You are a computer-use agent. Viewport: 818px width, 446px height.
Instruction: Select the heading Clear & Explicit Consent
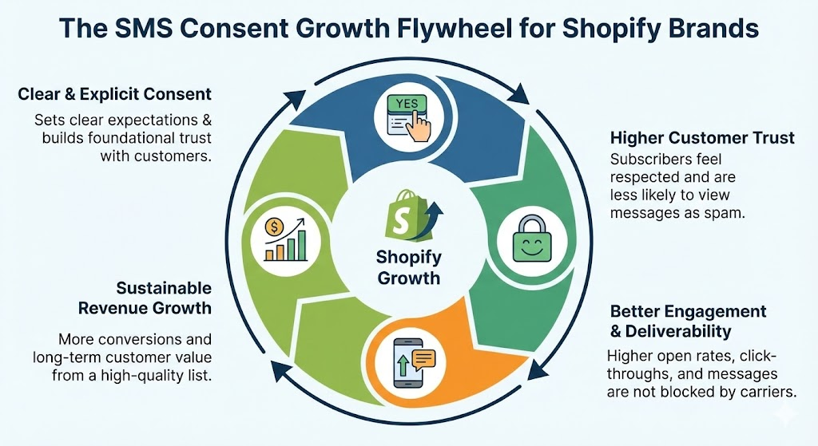tap(114, 94)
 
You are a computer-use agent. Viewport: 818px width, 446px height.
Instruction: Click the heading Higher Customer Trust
tap(702, 138)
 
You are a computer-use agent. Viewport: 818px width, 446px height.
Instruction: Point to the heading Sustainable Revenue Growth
tap(164, 298)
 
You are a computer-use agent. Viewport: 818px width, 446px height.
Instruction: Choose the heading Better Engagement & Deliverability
tap(688, 321)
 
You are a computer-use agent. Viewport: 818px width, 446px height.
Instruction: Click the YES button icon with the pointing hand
tap(408, 116)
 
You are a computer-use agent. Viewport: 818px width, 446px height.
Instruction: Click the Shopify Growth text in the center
tap(408, 267)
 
